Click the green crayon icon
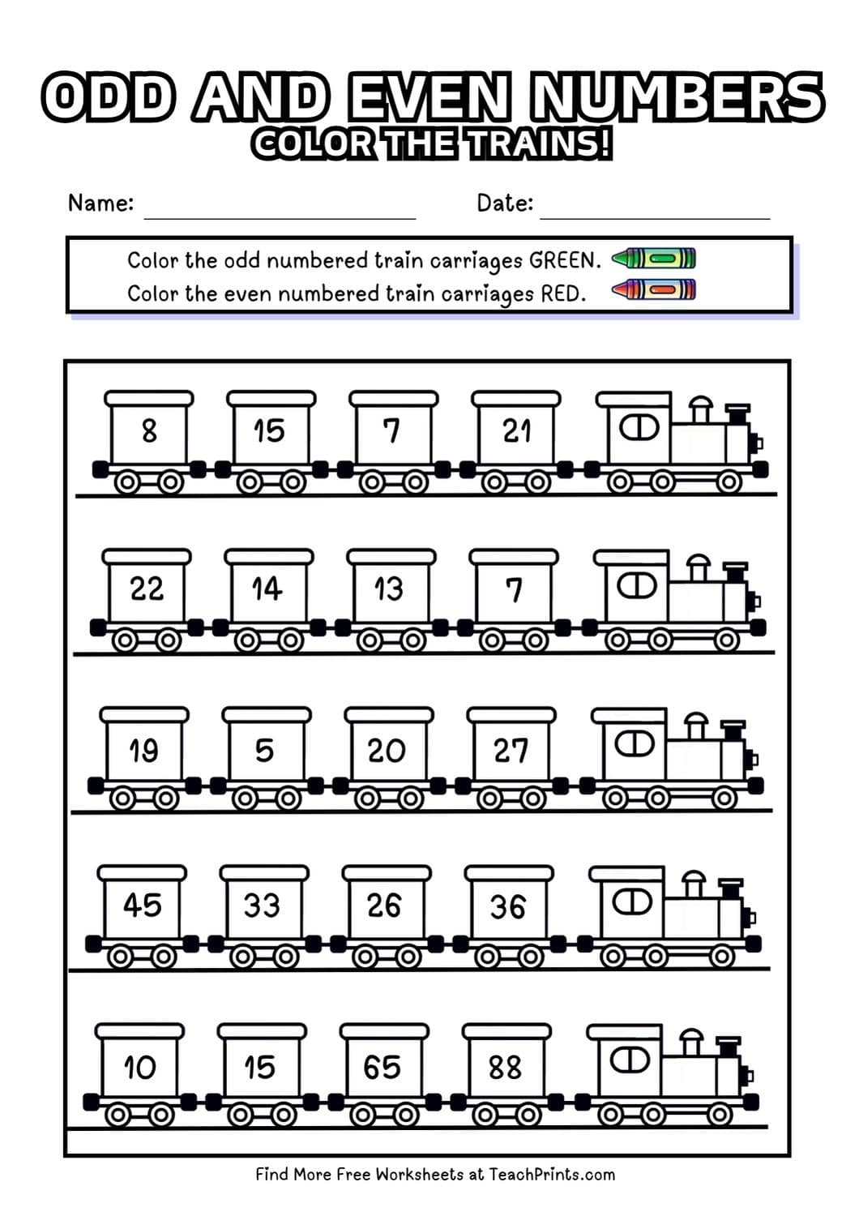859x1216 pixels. (654, 259)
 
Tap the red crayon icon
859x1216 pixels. (654, 289)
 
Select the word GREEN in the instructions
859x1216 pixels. (565, 260)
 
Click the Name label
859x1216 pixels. (100, 203)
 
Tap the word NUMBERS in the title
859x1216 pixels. (677, 97)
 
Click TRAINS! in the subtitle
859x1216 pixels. (539, 144)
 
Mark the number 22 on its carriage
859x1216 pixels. (147, 588)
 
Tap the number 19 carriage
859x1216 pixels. (144, 750)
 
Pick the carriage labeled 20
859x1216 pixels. (387, 750)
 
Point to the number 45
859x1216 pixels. (142, 905)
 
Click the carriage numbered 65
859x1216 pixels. (382, 1067)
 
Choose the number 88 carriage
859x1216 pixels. (505, 1067)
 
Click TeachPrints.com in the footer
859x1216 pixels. (552, 1174)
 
